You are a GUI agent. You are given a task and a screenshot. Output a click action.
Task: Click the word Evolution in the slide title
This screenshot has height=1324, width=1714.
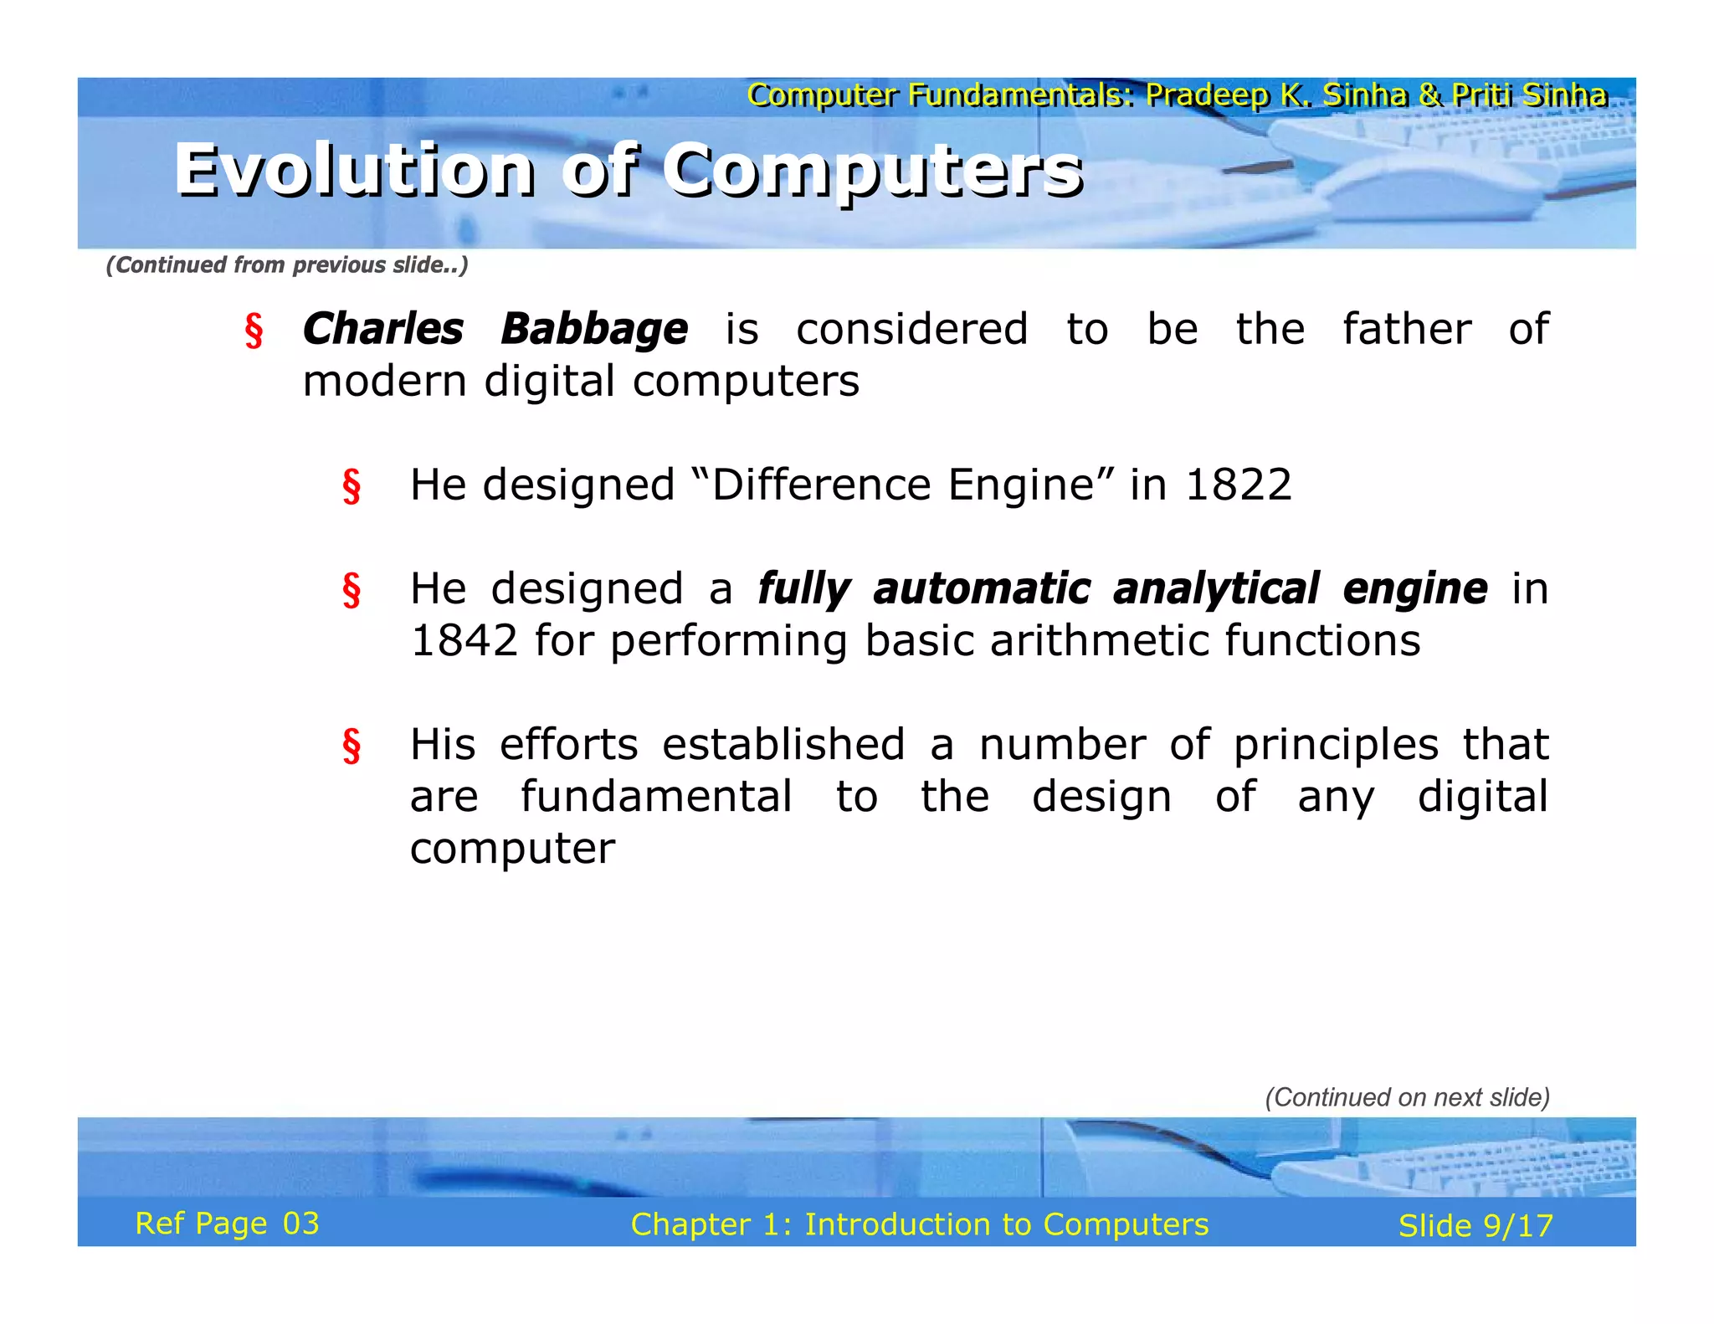point(355,170)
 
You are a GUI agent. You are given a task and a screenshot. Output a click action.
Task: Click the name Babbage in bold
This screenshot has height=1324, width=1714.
point(594,329)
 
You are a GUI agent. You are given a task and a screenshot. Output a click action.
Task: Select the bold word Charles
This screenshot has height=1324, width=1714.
point(382,329)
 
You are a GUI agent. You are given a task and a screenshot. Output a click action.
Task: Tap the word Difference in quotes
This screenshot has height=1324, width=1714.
point(820,485)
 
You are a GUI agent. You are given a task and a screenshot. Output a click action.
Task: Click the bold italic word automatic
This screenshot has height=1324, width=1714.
point(982,588)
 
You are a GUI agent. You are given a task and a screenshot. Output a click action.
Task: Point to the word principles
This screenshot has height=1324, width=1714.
point(1336,745)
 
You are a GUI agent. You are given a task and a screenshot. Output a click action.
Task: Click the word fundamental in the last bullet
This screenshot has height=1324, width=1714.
point(656,797)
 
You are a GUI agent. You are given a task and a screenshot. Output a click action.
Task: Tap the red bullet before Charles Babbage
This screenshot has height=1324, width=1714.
point(254,331)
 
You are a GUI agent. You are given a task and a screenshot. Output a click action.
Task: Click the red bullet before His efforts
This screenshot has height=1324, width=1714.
point(352,746)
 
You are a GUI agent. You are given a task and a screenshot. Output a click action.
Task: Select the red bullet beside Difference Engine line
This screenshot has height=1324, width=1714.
point(352,486)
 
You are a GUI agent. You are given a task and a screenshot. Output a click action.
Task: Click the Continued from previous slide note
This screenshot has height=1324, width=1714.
point(287,265)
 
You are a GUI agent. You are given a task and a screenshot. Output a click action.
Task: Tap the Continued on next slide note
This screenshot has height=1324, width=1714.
point(1407,1097)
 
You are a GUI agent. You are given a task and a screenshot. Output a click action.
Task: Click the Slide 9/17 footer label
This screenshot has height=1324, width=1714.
point(1475,1226)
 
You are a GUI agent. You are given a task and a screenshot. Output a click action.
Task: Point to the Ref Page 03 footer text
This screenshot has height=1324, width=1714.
point(227,1224)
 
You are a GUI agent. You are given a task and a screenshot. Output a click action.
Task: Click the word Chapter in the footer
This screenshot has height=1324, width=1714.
point(690,1224)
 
